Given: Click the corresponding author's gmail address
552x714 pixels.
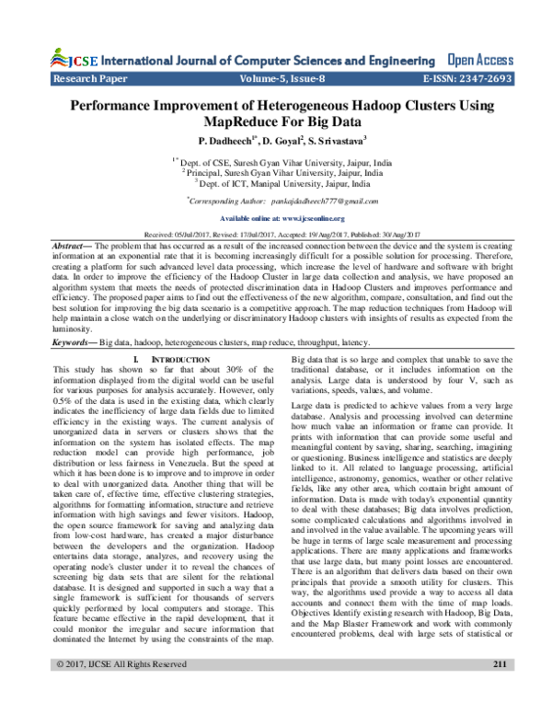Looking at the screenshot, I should coord(313,200).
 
